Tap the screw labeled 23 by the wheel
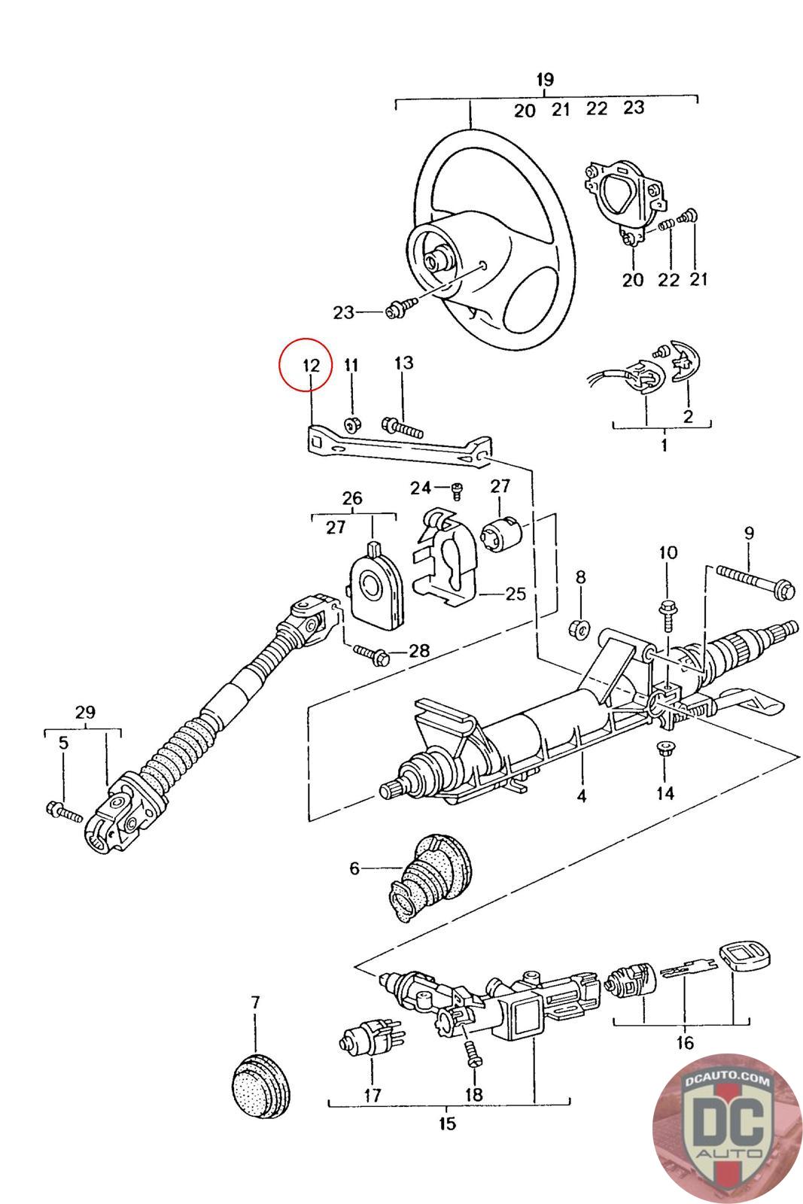(400, 308)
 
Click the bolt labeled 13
(403, 428)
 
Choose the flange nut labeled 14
(665, 748)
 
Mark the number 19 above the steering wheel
(545, 79)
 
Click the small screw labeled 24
(456, 490)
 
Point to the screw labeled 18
(473, 1053)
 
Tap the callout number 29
(86, 712)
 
